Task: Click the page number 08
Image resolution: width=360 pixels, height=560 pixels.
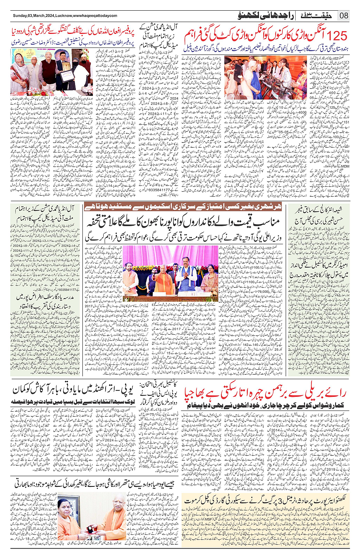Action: click(344, 16)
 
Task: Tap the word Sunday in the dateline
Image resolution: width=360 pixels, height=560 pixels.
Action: click(20, 16)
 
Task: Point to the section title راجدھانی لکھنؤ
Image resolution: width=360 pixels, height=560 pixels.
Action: click(259, 16)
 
